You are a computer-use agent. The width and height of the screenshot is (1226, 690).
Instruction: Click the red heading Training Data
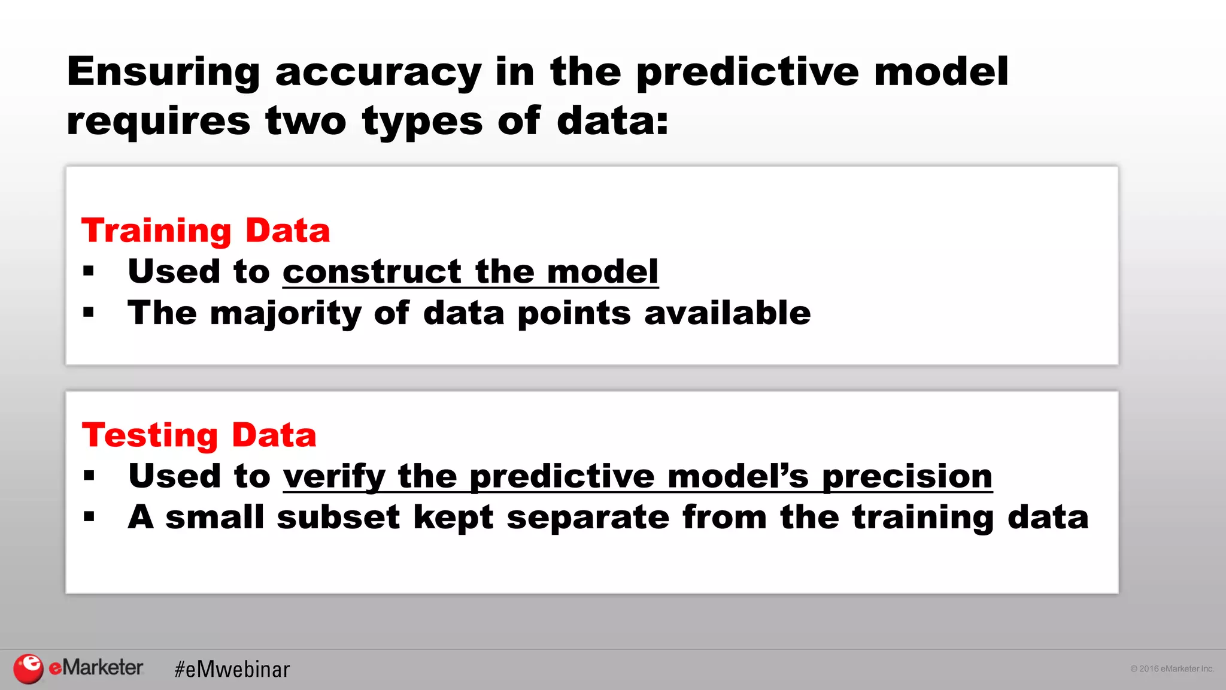coord(205,231)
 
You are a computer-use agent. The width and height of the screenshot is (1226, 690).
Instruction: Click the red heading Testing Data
coord(199,435)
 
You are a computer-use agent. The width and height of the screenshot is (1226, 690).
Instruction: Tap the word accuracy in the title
coord(378,72)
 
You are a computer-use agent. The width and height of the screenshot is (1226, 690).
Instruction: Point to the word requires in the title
coord(158,122)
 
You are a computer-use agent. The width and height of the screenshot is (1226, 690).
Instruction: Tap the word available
coord(727,313)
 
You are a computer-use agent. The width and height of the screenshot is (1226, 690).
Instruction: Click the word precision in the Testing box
coord(907,477)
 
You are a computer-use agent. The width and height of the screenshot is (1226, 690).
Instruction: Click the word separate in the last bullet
coord(588,517)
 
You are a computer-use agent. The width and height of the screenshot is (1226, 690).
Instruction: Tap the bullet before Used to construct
coord(89,272)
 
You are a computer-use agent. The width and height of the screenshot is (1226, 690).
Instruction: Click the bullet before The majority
coord(89,313)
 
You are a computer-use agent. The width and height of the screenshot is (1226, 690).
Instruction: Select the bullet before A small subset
coord(89,517)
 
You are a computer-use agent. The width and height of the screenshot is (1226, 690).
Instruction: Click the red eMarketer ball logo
coord(28,668)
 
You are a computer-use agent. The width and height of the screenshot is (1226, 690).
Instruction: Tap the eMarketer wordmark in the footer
coord(96,667)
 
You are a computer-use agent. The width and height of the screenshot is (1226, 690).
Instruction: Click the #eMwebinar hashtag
coord(232,669)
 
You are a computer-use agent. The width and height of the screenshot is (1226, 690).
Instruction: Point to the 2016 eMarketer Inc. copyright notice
coord(1172,668)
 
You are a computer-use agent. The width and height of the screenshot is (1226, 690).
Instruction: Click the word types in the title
coord(422,122)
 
